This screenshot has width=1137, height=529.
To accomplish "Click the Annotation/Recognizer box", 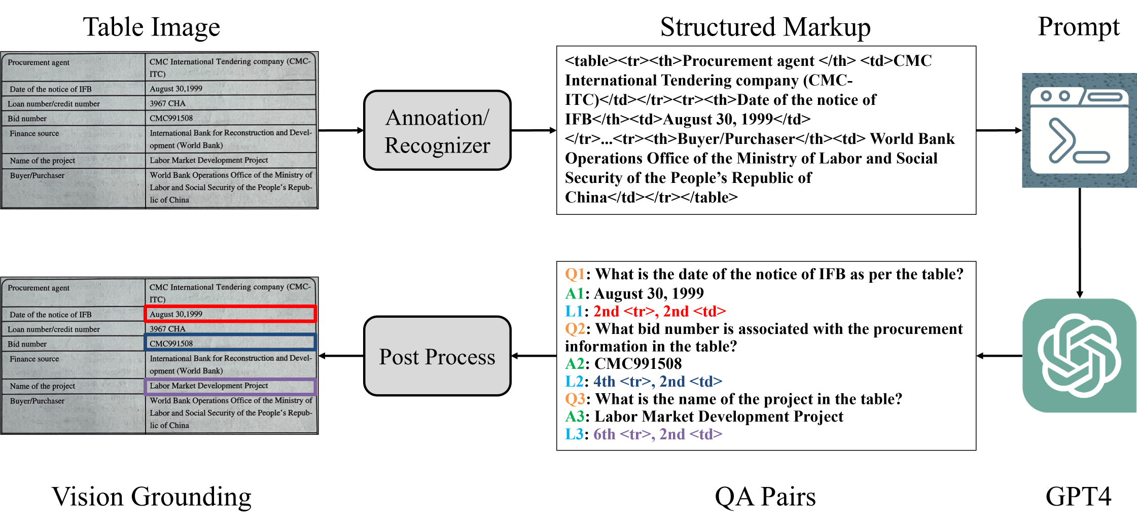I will (x=437, y=130).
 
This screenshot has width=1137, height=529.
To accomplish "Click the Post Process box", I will (x=437, y=356).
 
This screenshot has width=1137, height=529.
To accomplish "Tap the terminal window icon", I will (x=1079, y=130).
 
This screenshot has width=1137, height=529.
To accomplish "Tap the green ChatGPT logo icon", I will (x=1079, y=356).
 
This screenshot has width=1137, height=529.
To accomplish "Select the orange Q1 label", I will (x=575, y=274).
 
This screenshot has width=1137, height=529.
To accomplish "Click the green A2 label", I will (x=575, y=363).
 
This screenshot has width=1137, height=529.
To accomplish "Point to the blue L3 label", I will (x=574, y=434).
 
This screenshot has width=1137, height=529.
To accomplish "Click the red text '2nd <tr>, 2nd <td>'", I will (x=659, y=311).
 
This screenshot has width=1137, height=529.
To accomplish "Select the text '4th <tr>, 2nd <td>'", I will (x=657, y=381).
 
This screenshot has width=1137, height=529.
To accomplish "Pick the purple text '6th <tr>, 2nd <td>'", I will (x=657, y=434).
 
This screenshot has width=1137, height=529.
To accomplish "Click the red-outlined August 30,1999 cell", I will (x=230, y=314).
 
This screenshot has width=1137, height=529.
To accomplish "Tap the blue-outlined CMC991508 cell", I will (x=230, y=343).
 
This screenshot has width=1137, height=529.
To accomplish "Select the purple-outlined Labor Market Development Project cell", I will (x=230, y=386).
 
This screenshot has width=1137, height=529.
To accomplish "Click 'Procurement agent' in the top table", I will (x=39, y=62).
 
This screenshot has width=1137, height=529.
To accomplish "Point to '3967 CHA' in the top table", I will (x=167, y=103).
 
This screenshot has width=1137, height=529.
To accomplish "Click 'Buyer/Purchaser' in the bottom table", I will (x=37, y=401).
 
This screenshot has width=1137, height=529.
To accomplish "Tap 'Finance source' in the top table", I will (x=34, y=133).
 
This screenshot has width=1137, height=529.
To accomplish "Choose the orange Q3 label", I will (x=575, y=399).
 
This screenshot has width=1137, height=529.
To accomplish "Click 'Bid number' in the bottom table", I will (x=27, y=344).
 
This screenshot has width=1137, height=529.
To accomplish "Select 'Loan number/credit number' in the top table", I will (x=53, y=104).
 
